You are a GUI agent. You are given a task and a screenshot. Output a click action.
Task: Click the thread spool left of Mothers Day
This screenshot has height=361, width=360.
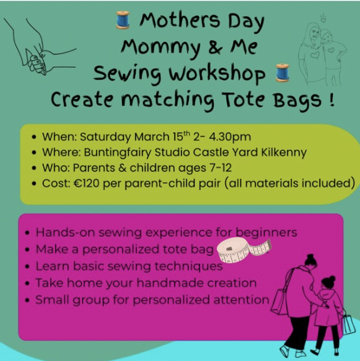point(122,21)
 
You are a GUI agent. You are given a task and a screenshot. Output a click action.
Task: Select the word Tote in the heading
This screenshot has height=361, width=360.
point(249,100)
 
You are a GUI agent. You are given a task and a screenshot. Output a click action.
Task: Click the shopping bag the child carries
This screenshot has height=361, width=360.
point(348,324)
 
